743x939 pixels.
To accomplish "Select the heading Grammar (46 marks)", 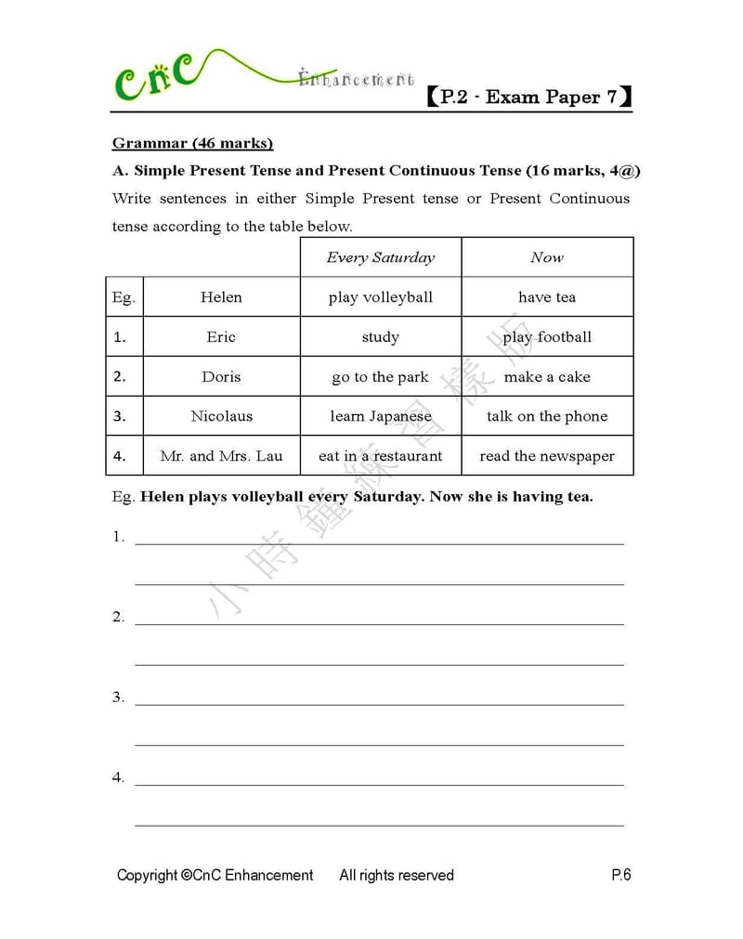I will pyautogui.click(x=192, y=143).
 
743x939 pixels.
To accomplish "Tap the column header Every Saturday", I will pyautogui.click(x=380, y=257).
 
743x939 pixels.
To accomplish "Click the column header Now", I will pyautogui.click(x=547, y=257).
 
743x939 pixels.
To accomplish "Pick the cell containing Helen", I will pyautogui.click(x=221, y=297).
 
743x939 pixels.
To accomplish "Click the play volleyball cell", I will pyautogui.click(x=380, y=297).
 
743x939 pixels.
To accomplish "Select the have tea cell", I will pyautogui.click(x=547, y=297).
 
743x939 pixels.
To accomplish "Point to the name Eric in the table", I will pyautogui.click(x=221, y=337).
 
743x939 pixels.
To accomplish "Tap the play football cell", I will pyautogui.click(x=547, y=337).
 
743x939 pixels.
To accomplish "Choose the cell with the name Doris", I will pyautogui.click(x=221, y=377).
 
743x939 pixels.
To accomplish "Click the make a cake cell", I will pyautogui.click(x=547, y=377).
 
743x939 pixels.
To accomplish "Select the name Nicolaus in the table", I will pyautogui.click(x=221, y=416).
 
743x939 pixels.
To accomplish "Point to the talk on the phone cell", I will pyautogui.click(x=547, y=416).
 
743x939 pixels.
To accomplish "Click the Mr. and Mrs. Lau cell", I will pyautogui.click(x=221, y=456).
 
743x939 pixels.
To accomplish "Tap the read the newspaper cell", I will pyautogui.click(x=547, y=456).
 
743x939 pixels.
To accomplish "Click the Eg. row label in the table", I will pyautogui.click(x=124, y=297).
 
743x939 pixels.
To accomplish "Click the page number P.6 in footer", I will pyautogui.click(x=621, y=875).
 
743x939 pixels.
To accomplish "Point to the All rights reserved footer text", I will pyautogui.click(x=397, y=875).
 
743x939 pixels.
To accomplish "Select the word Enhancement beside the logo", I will pyautogui.click(x=357, y=80).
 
